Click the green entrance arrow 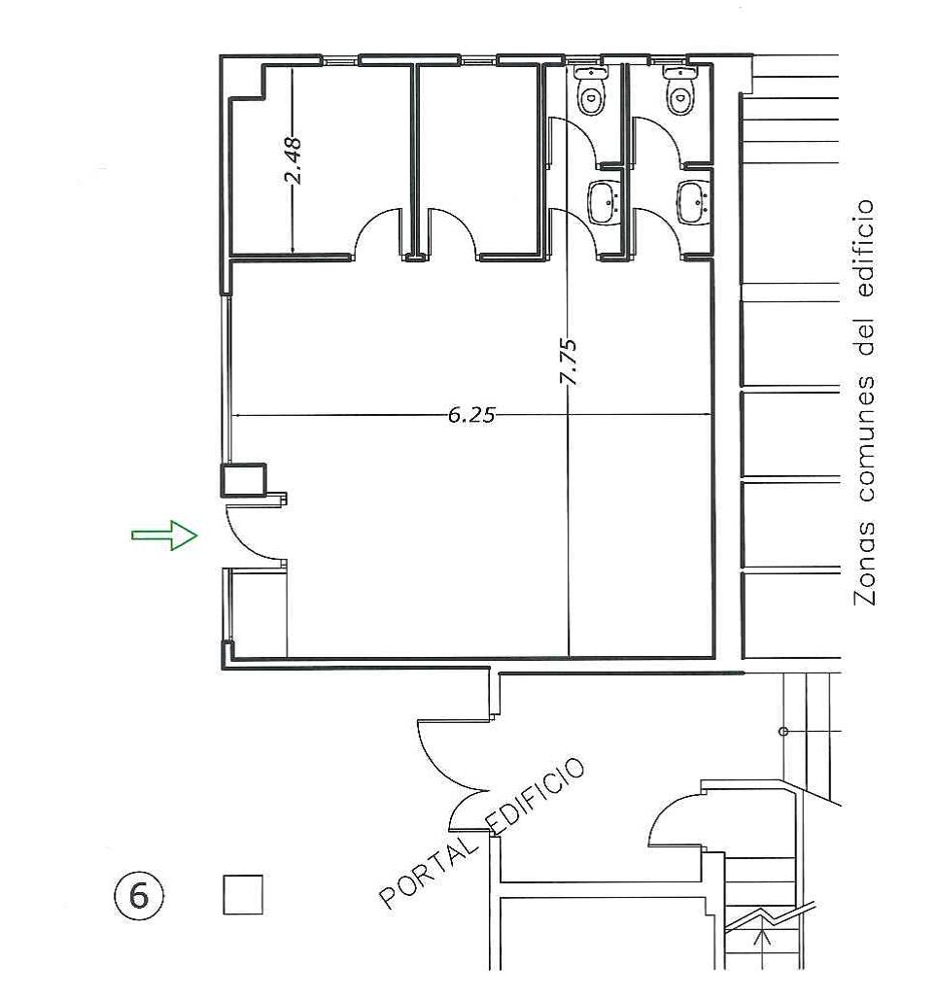[x=164, y=534]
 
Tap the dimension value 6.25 [x=471, y=415]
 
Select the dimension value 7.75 [x=568, y=361]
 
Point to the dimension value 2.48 [x=293, y=160]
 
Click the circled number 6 [x=138, y=895]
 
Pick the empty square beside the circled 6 [x=243, y=894]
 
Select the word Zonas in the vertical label [x=864, y=564]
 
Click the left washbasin [x=604, y=202]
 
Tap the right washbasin [x=693, y=202]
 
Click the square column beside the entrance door [x=243, y=480]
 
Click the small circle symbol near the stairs [x=784, y=732]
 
